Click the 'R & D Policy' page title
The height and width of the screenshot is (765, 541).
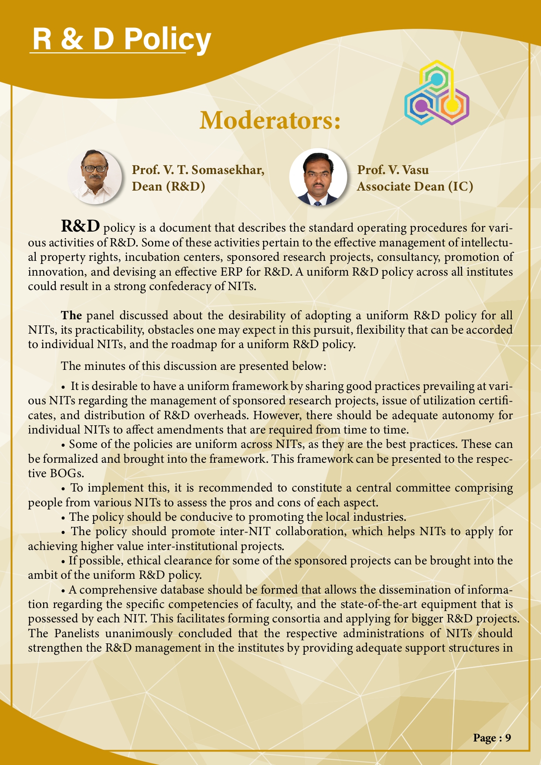tap(122, 39)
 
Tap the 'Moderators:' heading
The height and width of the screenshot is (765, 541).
tap(269, 120)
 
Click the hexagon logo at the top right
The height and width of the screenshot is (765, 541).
tap(436, 93)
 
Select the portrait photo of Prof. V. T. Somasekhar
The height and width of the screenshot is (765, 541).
tap(95, 177)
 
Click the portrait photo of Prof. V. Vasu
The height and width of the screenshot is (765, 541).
tap(318, 177)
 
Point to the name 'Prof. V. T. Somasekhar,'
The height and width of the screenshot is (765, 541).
tap(198, 170)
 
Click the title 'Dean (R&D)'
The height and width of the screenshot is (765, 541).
tap(168, 186)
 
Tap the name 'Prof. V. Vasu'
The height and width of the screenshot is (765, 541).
tap(393, 170)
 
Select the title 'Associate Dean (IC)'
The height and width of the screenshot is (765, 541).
tap(415, 186)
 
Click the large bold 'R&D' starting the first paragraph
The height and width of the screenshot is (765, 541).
tap(81, 226)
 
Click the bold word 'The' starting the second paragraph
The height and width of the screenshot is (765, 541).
tap(71, 315)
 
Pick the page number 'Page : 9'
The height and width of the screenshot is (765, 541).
tap(492, 738)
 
